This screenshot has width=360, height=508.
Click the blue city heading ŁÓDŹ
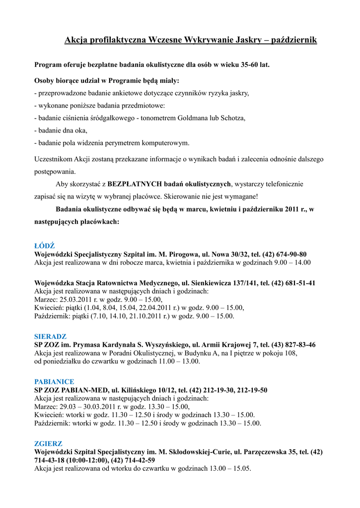(44, 246)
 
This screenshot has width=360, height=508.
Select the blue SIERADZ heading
(50, 336)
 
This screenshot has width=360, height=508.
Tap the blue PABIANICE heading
(54, 382)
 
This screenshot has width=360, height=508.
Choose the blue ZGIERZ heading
(48, 444)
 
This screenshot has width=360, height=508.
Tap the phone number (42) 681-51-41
(289, 283)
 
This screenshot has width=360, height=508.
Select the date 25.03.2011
(74, 299)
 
